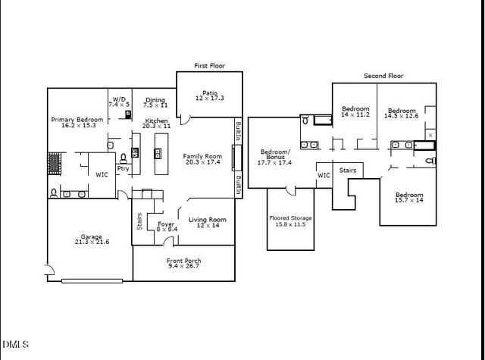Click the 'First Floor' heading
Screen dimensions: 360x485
tap(209, 66)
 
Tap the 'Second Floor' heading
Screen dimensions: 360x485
tap(383, 76)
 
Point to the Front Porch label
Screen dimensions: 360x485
tap(184, 261)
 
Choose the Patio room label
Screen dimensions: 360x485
tap(210, 93)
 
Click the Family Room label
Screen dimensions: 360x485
tap(202, 157)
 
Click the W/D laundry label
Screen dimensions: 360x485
tap(119, 99)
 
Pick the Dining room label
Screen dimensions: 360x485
tap(155, 99)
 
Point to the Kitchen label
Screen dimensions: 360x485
tap(157, 121)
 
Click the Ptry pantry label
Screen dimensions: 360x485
tap(122, 169)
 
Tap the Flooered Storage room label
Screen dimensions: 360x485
tap(291, 218)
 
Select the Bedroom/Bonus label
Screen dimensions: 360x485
tap(274, 152)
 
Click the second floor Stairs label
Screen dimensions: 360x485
tap(348, 171)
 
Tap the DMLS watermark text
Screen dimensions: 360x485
tap(14, 345)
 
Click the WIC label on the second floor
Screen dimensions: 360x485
tap(324, 175)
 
